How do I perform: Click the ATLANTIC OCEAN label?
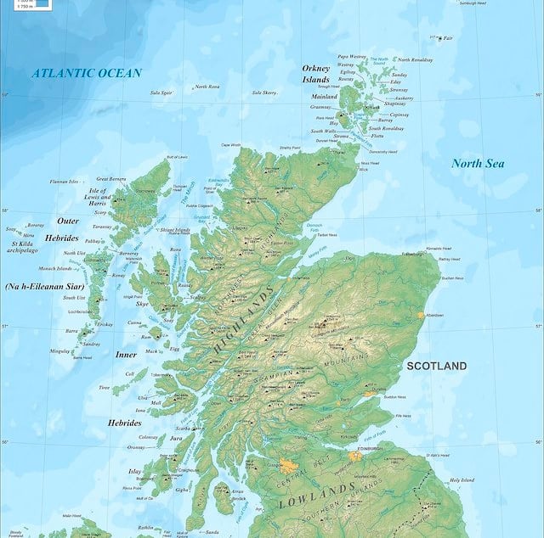pyautogui.click(x=87, y=73)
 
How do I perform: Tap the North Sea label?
pyautogui.click(x=478, y=163)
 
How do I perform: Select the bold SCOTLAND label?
pyautogui.click(x=436, y=366)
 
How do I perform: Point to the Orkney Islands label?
pyautogui.click(x=316, y=74)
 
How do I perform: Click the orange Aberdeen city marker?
pyautogui.click(x=420, y=315)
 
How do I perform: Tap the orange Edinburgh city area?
pyautogui.click(x=355, y=457)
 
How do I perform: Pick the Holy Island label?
pyautogui.click(x=462, y=480)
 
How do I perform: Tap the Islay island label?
pyautogui.click(x=134, y=471)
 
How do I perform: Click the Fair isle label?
pyautogui.click(x=448, y=38)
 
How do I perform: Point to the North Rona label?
pyautogui.click(x=207, y=87)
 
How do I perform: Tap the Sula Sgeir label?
pyautogui.click(x=161, y=92)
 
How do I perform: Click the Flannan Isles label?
pyautogui.click(x=64, y=181)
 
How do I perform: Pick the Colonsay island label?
pyautogui.click(x=127, y=437)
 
